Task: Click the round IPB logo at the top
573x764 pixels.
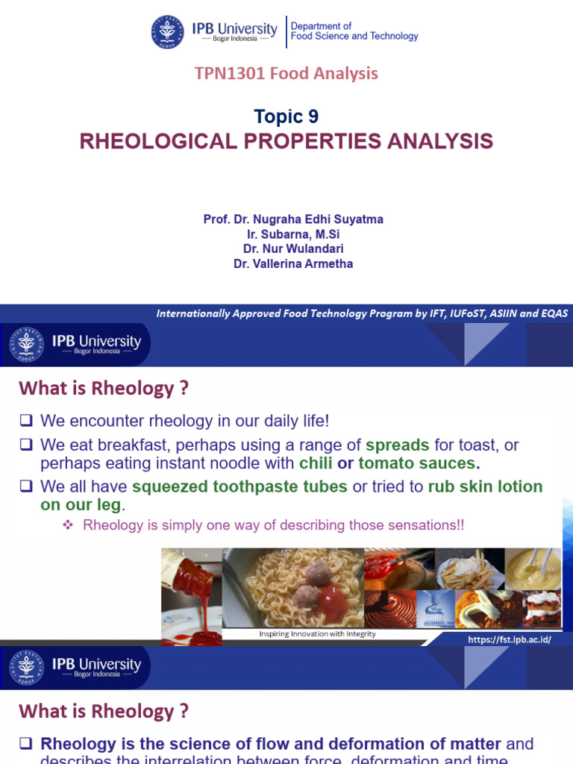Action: click(168, 31)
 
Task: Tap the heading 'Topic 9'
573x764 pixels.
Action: click(286, 116)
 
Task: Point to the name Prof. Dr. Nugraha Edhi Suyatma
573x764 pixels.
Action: click(293, 219)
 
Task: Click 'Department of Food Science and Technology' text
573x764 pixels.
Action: click(354, 31)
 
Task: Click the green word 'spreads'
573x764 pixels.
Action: click(397, 445)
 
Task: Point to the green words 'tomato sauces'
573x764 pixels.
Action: click(417, 463)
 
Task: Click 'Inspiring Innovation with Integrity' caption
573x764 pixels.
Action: click(317, 634)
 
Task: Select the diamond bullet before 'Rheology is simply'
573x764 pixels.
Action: click(67, 525)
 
